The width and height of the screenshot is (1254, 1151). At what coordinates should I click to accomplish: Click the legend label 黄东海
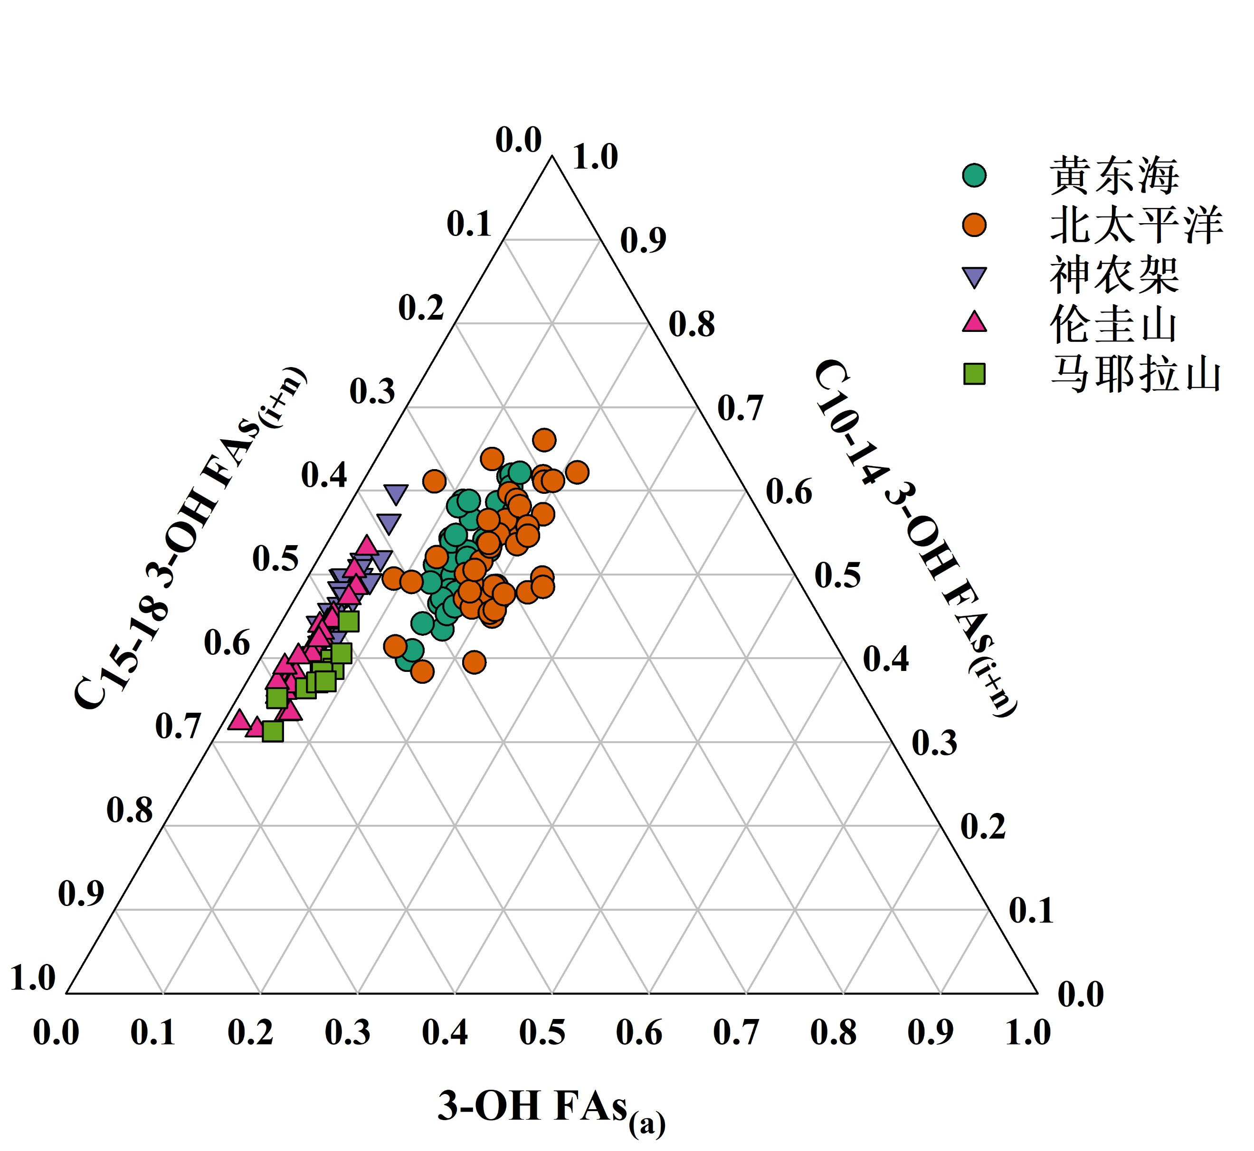(x=1114, y=176)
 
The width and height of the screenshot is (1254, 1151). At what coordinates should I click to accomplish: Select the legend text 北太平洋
(x=1136, y=225)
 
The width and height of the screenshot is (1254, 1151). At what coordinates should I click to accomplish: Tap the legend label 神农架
(x=1114, y=274)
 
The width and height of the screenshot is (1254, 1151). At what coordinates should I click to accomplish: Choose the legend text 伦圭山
(x=1114, y=324)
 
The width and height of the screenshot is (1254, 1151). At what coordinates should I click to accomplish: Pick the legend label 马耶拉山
(x=1136, y=374)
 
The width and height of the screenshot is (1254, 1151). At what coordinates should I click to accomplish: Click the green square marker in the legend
(x=974, y=374)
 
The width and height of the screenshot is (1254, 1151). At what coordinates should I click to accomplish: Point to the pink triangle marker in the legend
(x=974, y=322)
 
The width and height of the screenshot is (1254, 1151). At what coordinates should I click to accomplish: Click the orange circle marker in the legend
(x=974, y=225)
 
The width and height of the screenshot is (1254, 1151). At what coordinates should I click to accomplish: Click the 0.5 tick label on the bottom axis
(x=542, y=1033)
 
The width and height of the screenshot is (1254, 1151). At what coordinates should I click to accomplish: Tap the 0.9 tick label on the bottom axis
(x=930, y=1033)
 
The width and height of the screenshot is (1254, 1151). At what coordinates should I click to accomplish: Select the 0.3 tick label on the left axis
(x=372, y=391)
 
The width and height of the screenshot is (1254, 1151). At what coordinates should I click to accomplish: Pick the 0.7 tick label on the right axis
(x=740, y=408)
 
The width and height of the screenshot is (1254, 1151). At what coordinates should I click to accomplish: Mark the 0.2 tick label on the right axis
(x=982, y=827)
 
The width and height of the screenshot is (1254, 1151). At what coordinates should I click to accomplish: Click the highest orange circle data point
(x=544, y=440)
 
